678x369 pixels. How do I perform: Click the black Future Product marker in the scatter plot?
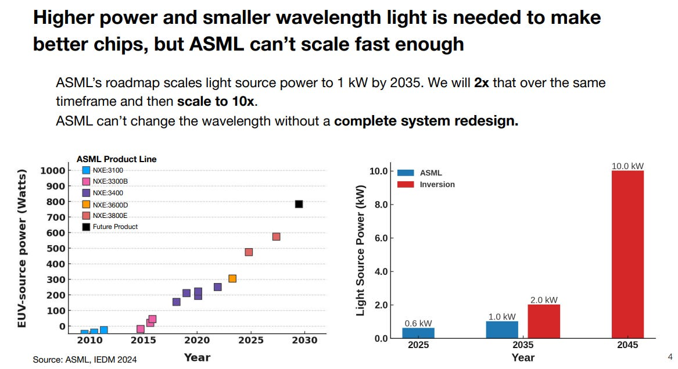tap(299, 204)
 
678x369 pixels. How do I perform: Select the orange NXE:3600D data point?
tap(232, 278)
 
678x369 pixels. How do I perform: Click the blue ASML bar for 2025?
tap(418, 333)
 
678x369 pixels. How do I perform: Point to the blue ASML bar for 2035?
tap(502, 329)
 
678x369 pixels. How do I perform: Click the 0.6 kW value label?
tap(418, 323)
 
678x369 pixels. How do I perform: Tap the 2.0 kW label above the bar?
tap(544, 300)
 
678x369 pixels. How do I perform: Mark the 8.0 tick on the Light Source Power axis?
tap(379, 205)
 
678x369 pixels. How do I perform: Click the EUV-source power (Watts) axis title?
tap(22, 249)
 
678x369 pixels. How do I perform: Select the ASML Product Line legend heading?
tap(117, 159)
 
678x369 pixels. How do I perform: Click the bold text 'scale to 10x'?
tap(216, 101)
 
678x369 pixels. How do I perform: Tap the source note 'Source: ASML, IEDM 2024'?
tap(85, 360)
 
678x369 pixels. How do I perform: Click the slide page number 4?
tap(670, 356)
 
